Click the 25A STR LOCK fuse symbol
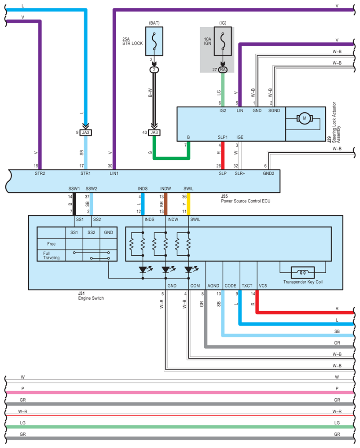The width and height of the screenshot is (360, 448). pos(154,41)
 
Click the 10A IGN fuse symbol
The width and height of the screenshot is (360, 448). pos(223,41)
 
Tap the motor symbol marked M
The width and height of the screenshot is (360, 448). pos(305,118)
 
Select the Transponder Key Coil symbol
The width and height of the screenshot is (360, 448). pos(303,272)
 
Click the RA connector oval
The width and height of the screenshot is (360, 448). pos(223,70)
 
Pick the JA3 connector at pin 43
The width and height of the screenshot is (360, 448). pos(154,132)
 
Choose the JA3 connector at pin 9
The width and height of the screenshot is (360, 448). pos(86,132)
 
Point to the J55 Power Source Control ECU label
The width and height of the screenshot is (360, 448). pos(246,198)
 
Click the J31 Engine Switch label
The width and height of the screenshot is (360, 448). pos(91,296)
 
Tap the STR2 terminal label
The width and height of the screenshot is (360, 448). pos(40,173)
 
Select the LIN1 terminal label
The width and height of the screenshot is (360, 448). pos(114,173)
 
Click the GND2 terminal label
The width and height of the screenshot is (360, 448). pos(268,173)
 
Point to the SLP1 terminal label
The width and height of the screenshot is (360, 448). pos(223,137)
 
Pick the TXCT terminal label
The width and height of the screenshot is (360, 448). pos(247,286)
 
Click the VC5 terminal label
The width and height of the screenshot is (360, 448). pos(263,286)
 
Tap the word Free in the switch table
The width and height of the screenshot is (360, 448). pos(51,244)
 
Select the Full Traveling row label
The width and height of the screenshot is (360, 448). pos(51,255)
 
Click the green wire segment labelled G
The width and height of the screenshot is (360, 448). pos(171,158)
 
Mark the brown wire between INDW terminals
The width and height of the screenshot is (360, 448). pos(166,204)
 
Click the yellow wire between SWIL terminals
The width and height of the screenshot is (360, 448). pos(188,204)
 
